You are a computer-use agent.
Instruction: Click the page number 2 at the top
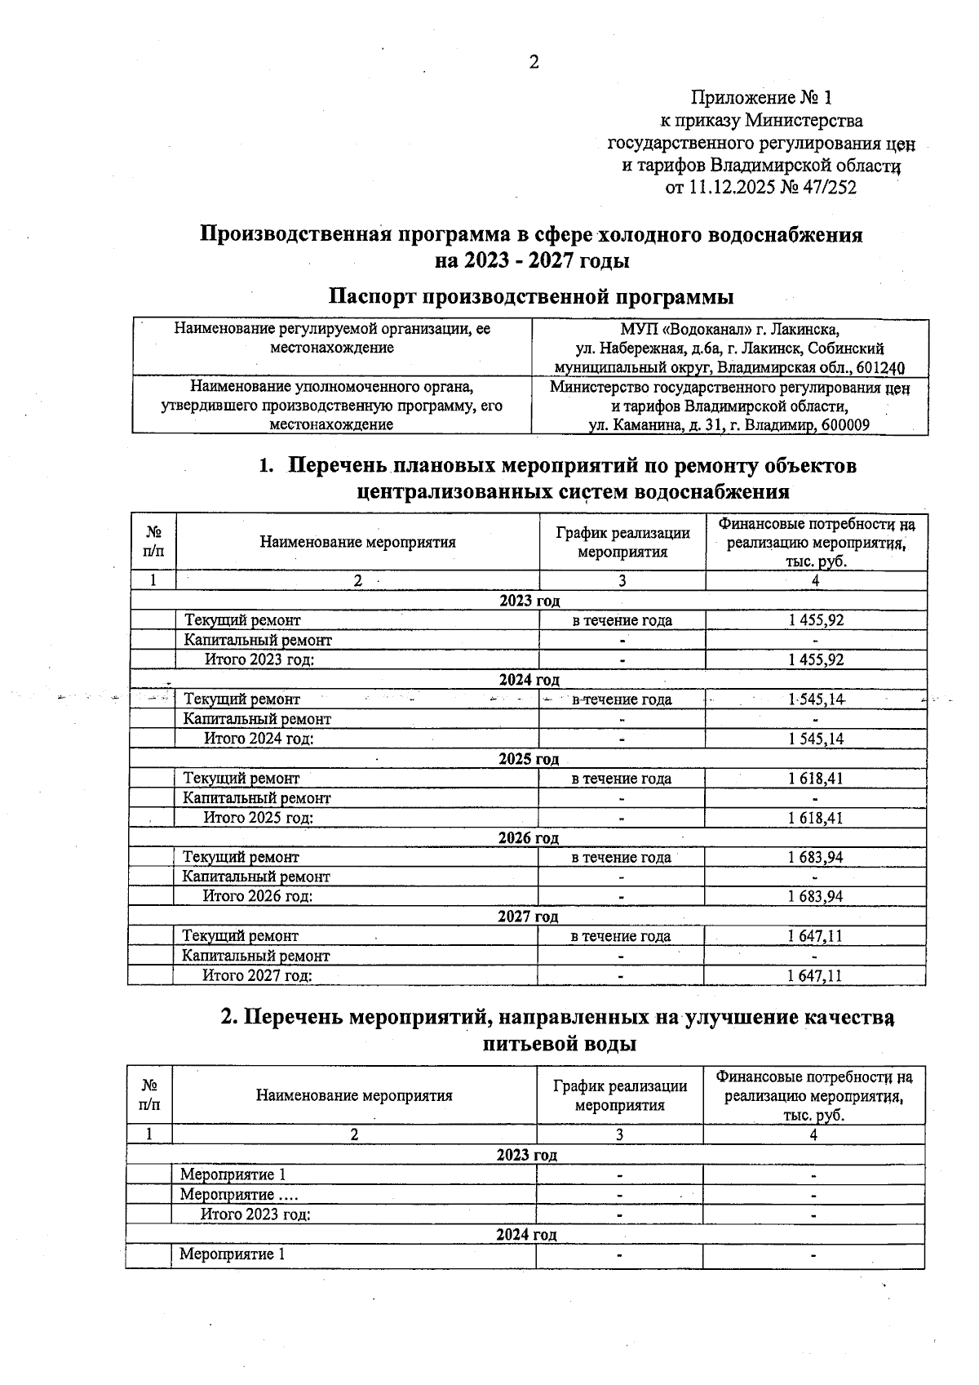[534, 63]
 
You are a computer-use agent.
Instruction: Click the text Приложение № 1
[761, 99]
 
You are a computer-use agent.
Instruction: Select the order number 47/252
[826, 189]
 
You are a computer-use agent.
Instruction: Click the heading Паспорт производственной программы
[530, 296]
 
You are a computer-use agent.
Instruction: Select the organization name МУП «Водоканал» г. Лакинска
[729, 330]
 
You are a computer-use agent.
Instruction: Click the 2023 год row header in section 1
[529, 601]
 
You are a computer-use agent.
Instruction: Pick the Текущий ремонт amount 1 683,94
[815, 857]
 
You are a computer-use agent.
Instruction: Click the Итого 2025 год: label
[258, 818]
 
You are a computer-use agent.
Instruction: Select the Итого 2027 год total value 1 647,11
[814, 975]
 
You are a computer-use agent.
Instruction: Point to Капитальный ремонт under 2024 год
[257, 719]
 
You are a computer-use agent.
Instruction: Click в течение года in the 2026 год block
[621, 857]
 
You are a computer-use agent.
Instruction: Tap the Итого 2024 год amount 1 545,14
[816, 739]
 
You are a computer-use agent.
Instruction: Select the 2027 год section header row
[528, 917]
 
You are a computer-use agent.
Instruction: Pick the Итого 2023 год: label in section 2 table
[255, 1214]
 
